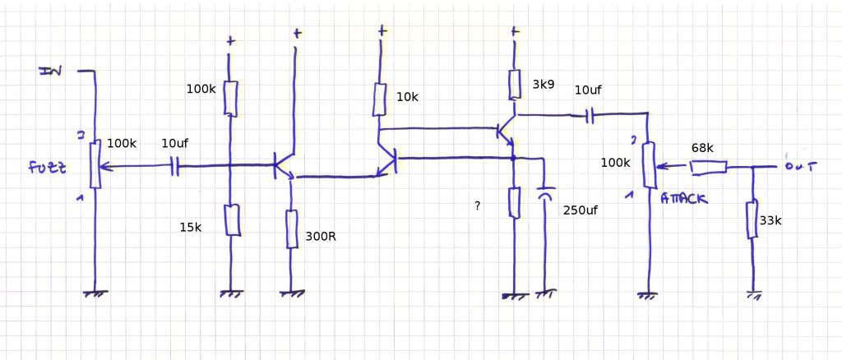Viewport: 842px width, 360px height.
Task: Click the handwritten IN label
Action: tap(51, 72)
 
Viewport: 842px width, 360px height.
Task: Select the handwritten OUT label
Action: tap(798, 166)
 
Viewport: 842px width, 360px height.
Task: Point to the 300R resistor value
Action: tap(321, 236)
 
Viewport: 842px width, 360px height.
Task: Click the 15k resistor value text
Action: tap(190, 228)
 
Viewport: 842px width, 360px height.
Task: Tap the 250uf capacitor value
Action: tap(581, 210)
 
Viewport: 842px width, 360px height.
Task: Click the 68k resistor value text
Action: tap(702, 147)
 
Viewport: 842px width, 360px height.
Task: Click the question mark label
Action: tap(477, 205)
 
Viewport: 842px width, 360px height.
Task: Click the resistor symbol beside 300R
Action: tap(291, 228)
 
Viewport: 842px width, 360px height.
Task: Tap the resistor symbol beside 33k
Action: tap(752, 219)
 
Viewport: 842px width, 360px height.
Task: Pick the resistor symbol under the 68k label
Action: tap(707, 168)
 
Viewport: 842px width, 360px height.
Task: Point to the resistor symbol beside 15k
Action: tap(232, 219)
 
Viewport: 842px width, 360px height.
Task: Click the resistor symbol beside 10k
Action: tap(379, 99)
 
